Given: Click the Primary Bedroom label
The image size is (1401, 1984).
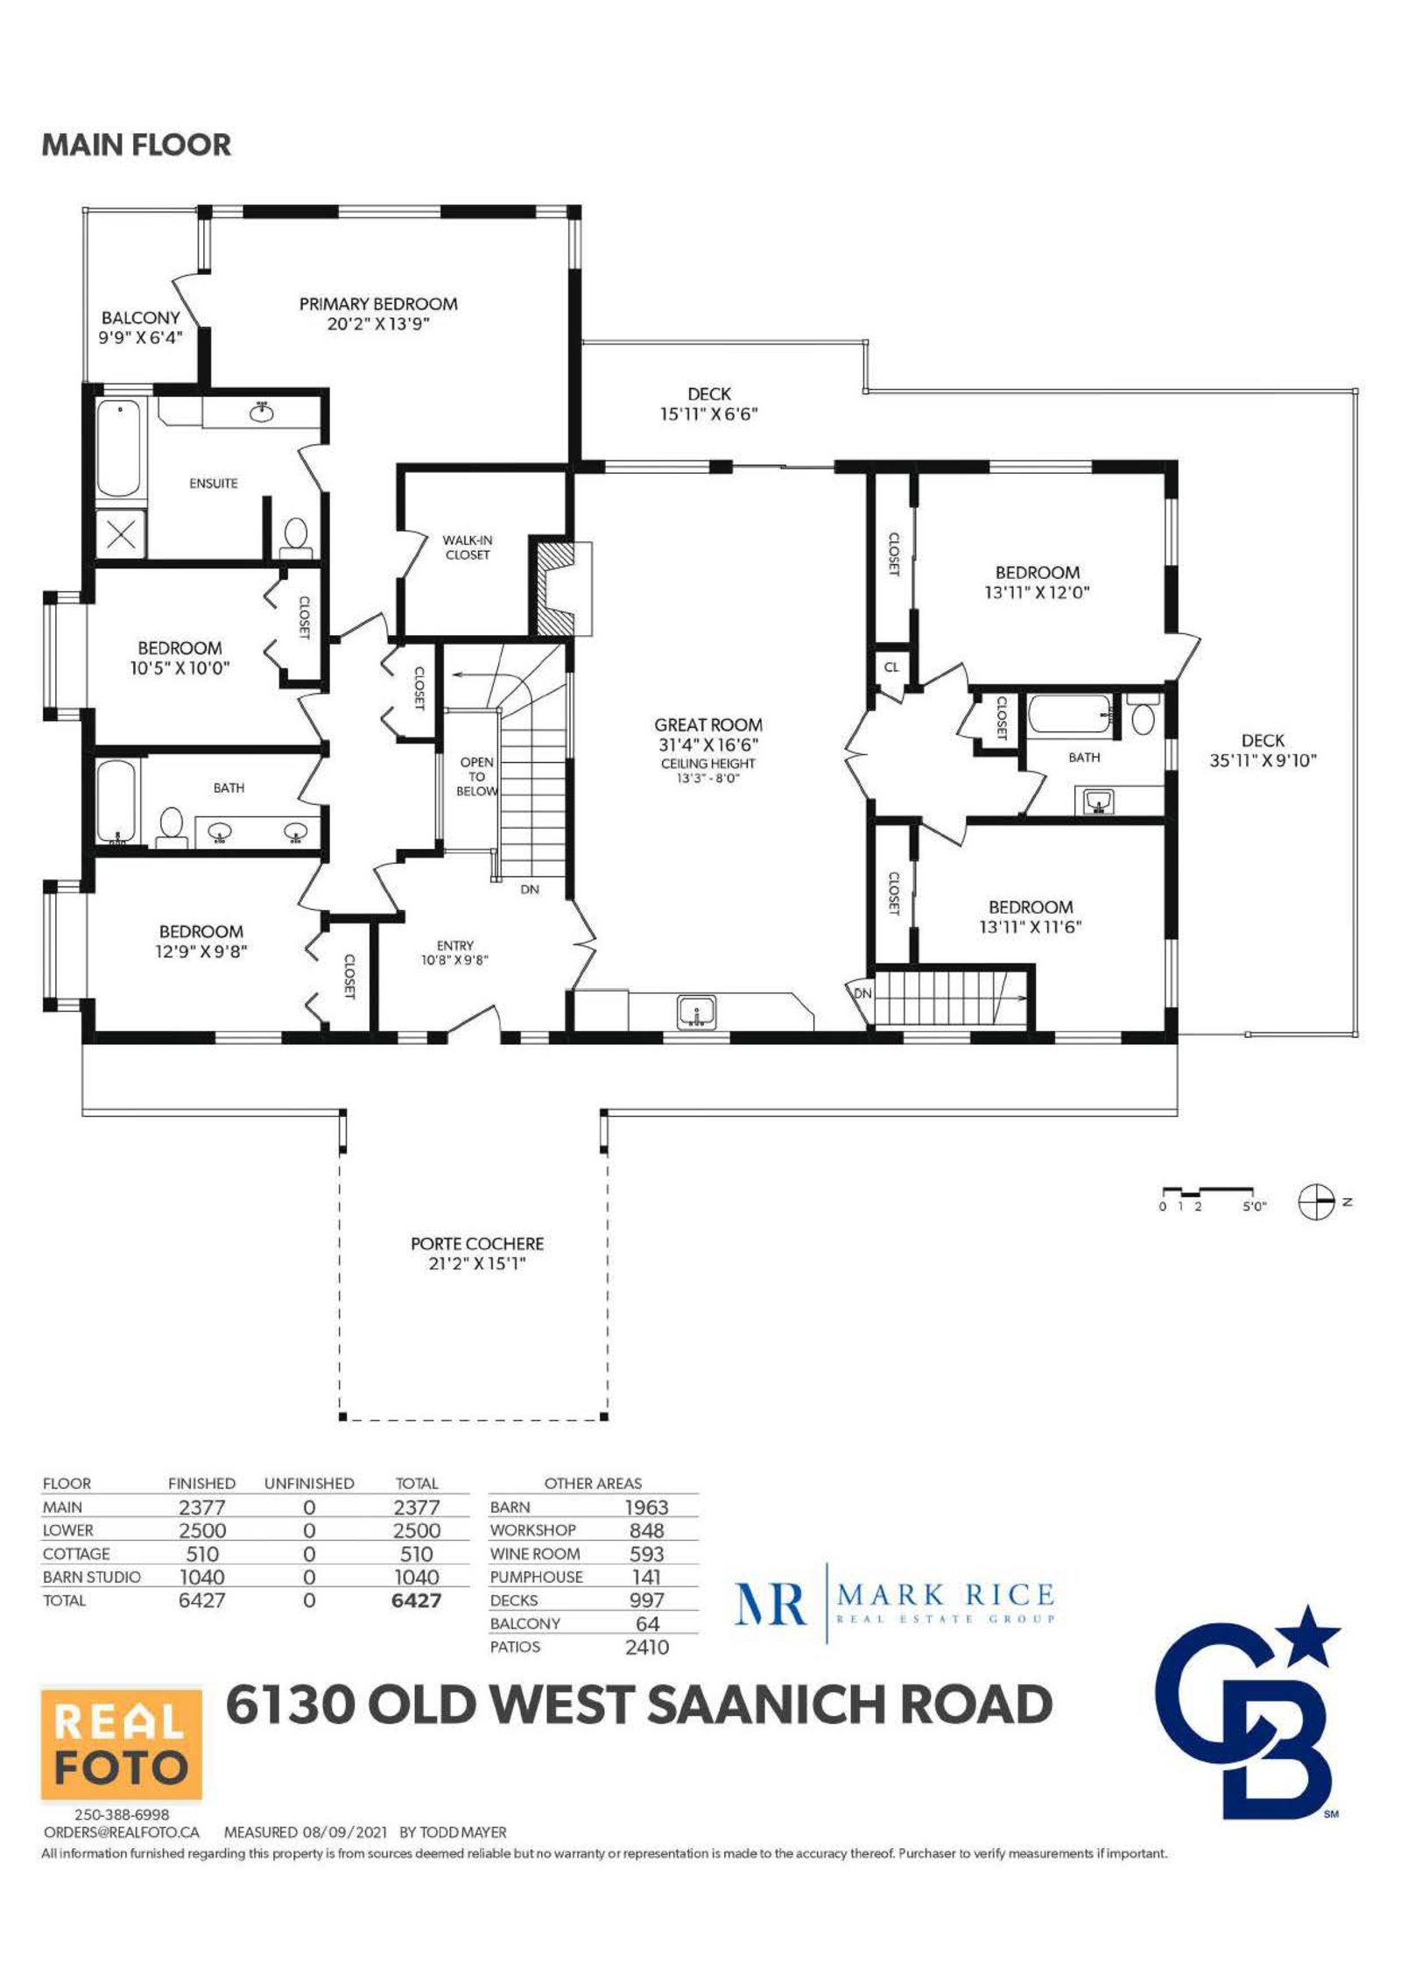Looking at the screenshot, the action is [378, 304].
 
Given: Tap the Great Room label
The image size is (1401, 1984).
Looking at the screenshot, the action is [708, 724].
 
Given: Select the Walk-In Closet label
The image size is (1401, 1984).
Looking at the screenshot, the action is [468, 547].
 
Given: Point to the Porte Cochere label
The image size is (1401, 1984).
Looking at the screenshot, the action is [477, 1243].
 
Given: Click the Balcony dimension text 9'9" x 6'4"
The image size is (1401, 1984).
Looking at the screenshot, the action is [141, 337].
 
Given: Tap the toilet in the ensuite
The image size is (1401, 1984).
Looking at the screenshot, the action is [296, 538].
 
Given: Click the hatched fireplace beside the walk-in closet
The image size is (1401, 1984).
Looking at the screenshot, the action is [553, 589].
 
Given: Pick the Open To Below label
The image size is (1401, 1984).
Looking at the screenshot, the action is [477, 776].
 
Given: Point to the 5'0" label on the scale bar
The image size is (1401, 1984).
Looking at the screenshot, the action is [1255, 1206].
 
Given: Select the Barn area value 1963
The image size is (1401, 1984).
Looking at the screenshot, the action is [646, 1507].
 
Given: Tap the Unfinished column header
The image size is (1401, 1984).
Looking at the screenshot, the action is [309, 1483].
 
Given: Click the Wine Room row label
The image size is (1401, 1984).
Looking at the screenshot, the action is [535, 1553].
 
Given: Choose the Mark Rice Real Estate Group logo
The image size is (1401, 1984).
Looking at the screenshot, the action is [894, 1604].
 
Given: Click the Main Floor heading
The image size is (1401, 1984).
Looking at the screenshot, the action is [137, 145].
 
